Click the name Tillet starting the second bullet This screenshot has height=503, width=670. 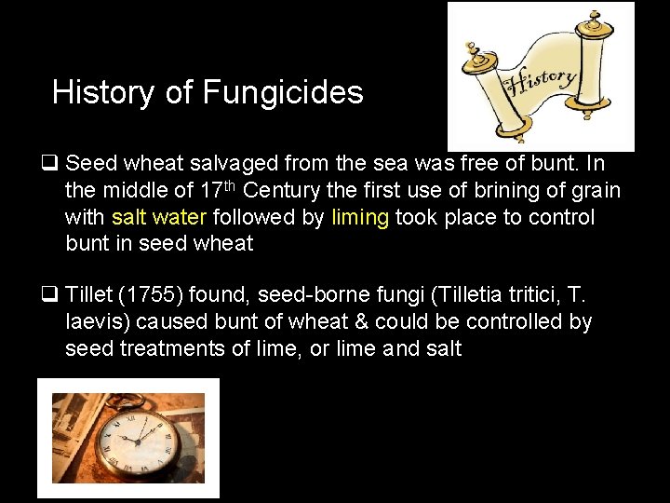tap(89, 296)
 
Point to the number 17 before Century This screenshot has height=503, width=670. tap(211, 191)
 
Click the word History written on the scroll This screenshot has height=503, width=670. tap(536, 76)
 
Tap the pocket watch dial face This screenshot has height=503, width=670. tap(137, 441)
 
